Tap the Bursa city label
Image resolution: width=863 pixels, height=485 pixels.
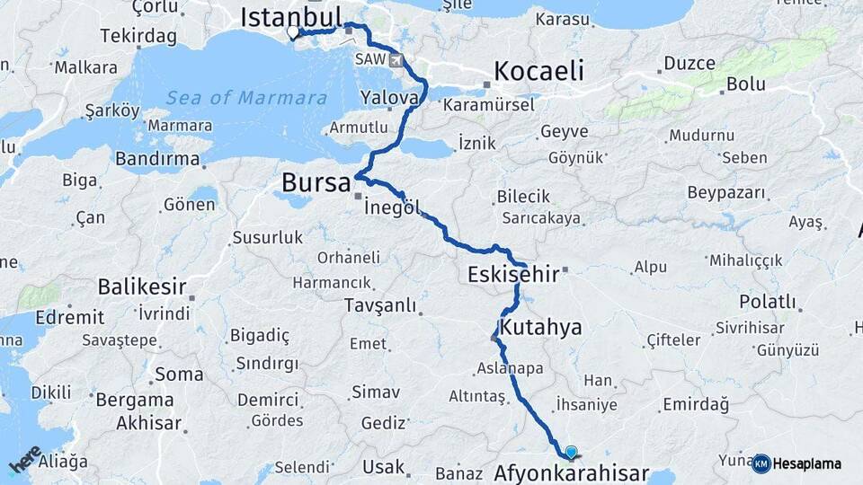pos(316,183)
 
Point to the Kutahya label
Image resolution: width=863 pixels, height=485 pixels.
pos(541,328)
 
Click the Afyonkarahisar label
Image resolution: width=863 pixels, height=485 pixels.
pos(573,472)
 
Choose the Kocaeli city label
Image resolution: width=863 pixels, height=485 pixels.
pos(538,71)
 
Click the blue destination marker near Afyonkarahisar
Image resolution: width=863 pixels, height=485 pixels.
pos(571,453)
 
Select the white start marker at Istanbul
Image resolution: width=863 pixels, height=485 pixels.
pos(292,33)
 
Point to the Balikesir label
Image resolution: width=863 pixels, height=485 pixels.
pos(141,287)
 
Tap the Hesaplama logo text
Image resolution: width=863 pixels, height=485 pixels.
pos(806,464)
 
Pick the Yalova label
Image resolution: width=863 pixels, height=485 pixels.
pos(388,97)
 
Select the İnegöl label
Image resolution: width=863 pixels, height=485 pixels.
pos(392,207)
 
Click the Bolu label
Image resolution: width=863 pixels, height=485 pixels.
pos(747,84)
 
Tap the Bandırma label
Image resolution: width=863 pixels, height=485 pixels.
pos(157,158)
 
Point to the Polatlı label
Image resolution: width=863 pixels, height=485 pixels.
pos(768,301)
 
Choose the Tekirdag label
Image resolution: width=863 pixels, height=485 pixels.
pos(138,35)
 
